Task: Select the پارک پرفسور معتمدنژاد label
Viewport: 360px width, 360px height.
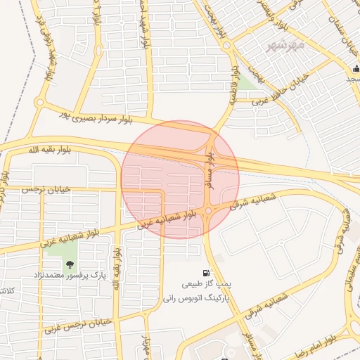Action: coord(69,276)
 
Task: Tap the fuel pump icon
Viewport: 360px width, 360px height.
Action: coord(205,273)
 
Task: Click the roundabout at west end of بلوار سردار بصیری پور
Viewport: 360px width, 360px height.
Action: coord(39,103)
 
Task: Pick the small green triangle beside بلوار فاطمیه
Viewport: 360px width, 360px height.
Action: coord(245,84)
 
